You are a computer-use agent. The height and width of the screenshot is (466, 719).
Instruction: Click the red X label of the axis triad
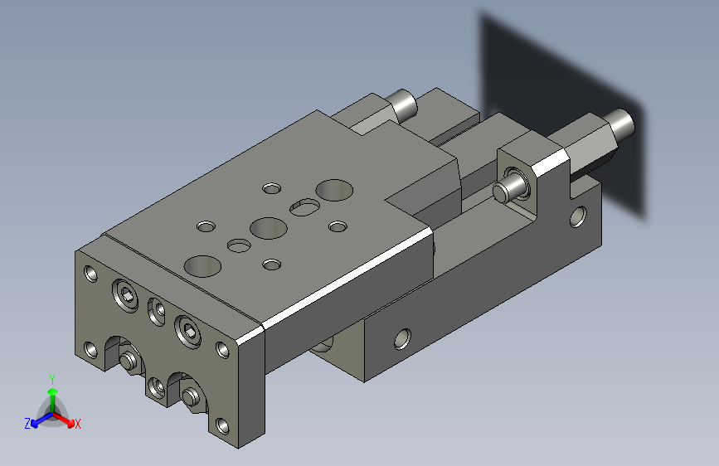78,424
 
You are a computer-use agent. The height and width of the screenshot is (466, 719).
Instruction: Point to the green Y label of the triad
51,378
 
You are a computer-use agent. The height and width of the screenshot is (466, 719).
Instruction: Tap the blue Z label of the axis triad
27,423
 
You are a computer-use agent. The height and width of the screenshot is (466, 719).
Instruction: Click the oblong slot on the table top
304,206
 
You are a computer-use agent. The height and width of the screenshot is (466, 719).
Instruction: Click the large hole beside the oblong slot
333,189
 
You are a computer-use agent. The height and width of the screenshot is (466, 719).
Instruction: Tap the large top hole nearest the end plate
203,265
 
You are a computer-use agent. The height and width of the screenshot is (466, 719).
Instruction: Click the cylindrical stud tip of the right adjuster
623,123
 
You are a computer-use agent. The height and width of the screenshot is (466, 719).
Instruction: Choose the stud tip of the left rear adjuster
404,104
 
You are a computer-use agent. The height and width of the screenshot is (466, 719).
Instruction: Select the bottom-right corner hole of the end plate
221,426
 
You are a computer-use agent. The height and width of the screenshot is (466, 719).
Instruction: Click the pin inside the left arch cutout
129,360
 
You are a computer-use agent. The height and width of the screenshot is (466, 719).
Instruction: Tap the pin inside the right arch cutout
191,396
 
